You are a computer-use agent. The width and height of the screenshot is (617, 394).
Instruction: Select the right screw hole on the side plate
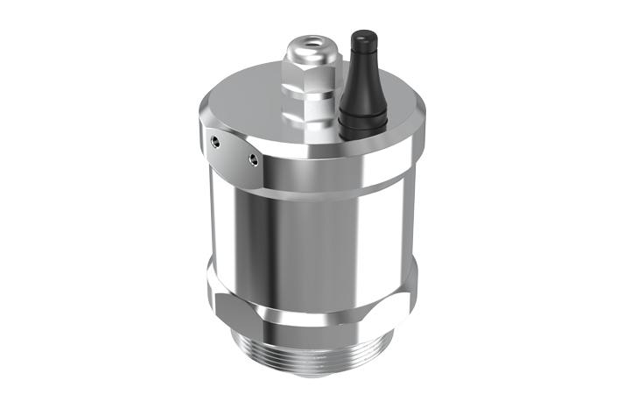[253, 158]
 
